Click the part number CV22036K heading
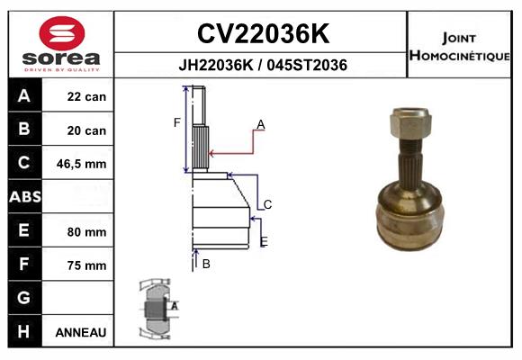(x=261, y=33)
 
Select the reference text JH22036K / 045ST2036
(x=261, y=65)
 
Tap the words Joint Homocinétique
(x=462, y=46)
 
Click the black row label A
(x=23, y=96)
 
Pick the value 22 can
(x=86, y=97)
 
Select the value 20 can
(x=86, y=130)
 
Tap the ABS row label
(x=23, y=197)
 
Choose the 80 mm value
(x=86, y=231)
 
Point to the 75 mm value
(x=86, y=265)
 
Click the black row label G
(x=23, y=298)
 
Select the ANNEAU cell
(x=81, y=332)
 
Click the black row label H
(x=23, y=331)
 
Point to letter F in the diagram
(x=177, y=122)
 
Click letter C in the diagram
(x=267, y=205)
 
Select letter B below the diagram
(x=206, y=264)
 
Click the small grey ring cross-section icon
(x=155, y=308)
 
